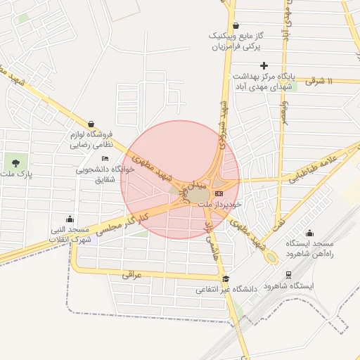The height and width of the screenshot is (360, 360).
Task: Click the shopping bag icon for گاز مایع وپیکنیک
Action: tap(236, 25)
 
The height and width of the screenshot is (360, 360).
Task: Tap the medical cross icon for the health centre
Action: tap(264, 66)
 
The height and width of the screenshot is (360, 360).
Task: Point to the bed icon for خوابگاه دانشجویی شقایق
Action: tap(105, 159)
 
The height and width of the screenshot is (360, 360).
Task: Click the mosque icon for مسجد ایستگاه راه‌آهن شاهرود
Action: tap(310, 233)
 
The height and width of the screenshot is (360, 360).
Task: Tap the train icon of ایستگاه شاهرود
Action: tap(288, 275)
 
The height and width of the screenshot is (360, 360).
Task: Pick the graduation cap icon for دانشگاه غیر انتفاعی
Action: tap(225, 278)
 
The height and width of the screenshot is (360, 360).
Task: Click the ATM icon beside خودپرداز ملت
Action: tap(219, 193)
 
